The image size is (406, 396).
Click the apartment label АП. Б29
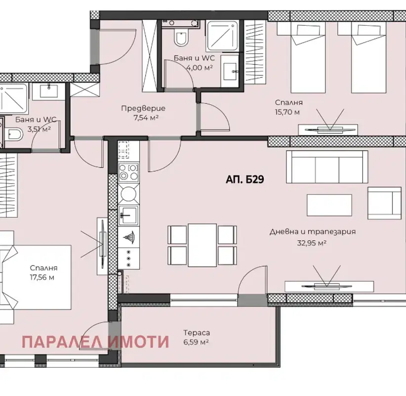(x=244, y=179)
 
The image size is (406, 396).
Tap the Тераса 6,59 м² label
(x=196, y=337)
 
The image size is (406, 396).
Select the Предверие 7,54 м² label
(x=143, y=113)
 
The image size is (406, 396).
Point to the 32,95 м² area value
(x=312, y=243)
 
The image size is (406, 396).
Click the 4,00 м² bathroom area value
(x=200, y=67)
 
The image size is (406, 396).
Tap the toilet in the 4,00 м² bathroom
(x=180, y=37)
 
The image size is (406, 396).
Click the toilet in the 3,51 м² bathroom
(x=14, y=134)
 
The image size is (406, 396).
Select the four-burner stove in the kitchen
(x=128, y=173)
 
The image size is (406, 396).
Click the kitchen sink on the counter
(x=128, y=215)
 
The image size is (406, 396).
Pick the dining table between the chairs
(x=202, y=245)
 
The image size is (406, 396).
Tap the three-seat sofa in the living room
(x=327, y=167)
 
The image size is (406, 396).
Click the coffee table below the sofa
(x=329, y=205)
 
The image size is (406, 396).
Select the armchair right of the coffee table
(x=384, y=203)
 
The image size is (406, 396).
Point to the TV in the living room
(x=327, y=286)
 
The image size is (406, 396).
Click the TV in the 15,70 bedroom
(x=328, y=130)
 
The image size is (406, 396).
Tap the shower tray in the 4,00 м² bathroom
(x=222, y=36)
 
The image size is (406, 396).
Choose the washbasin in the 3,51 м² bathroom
(x=49, y=91)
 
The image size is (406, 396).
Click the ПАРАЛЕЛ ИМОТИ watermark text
(x=95, y=342)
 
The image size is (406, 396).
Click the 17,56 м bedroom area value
(x=42, y=277)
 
